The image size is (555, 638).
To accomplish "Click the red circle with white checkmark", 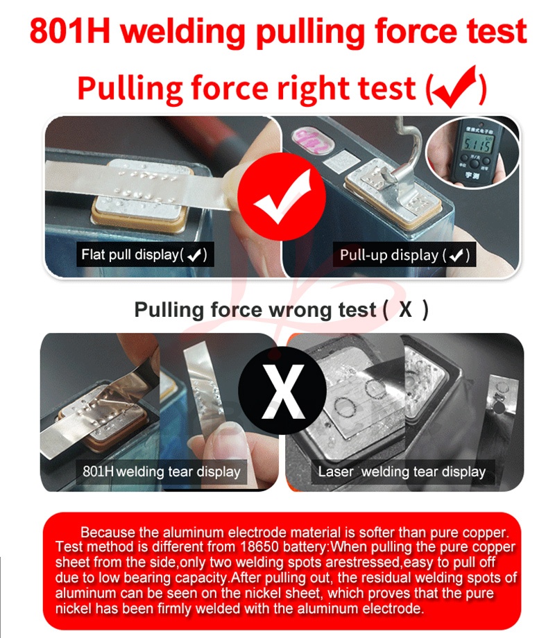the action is click(282, 196).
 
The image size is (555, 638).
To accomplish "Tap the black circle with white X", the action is click(282, 391).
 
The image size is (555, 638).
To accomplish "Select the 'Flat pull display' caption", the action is click(144, 255).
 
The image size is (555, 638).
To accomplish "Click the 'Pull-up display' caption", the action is click(404, 255).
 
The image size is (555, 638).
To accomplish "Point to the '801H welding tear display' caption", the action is click(161, 472).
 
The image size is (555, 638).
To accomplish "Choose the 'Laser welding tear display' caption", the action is click(402, 472).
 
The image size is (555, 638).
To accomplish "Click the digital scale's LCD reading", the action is click(477, 144).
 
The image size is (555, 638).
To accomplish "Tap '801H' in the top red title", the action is click(69, 31).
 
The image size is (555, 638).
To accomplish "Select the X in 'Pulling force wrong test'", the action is click(405, 309).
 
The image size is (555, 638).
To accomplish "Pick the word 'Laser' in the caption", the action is click(336, 472).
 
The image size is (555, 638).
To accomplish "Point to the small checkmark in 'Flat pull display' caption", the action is click(195, 255).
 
